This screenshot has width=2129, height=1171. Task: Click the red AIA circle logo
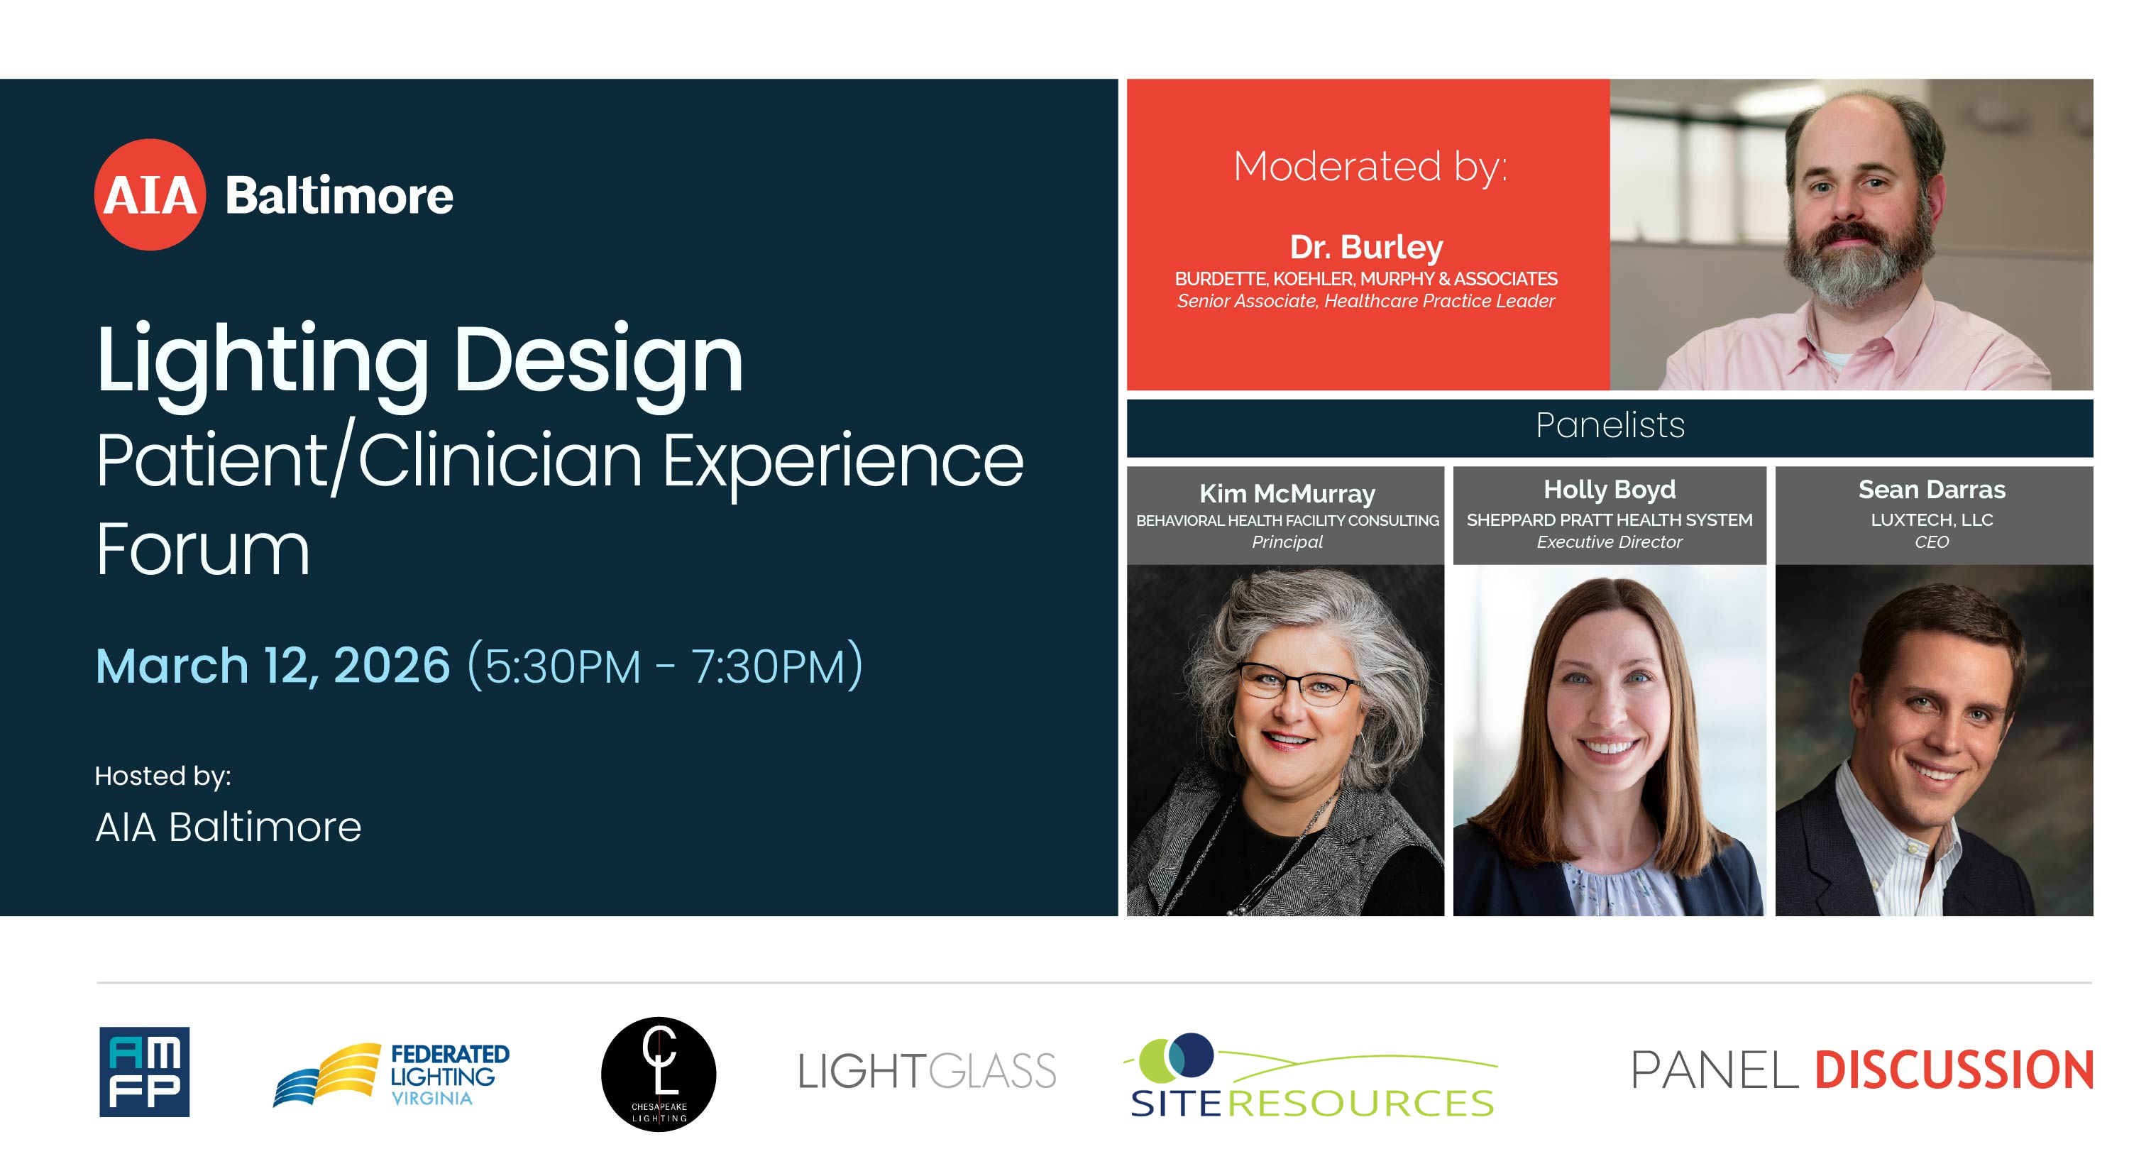coord(150,194)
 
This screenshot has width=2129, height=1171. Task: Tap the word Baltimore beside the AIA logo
coord(339,196)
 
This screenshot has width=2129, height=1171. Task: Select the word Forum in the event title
coord(202,549)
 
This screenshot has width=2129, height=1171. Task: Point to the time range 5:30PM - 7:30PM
coord(666,666)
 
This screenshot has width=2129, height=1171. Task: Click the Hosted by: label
coord(163,776)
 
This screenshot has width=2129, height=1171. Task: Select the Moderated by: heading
coord(1370,167)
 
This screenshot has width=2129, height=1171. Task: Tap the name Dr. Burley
coord(1366,247)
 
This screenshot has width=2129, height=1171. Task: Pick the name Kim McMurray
coord(1287,493)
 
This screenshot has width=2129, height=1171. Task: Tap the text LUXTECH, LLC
coord(1932,519)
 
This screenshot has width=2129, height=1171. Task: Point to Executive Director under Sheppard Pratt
coord(1609,542)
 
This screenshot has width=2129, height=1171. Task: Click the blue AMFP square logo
coord(145,1072)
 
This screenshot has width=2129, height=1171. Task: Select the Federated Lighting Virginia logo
coord(391,1074)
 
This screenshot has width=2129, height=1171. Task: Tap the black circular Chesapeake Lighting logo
coord(659,1074)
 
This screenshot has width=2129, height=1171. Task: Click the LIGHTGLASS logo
coord(927,1071)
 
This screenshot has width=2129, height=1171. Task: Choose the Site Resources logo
coord(1311,1075)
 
